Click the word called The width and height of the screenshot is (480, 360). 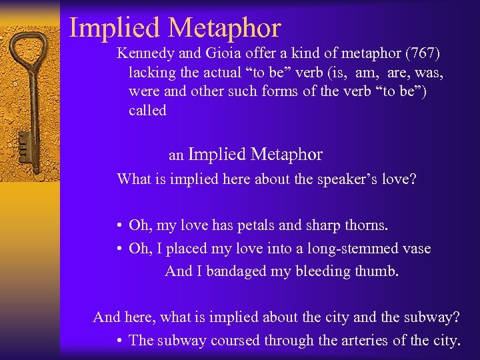point(147,111)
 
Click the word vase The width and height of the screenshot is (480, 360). point(415,249)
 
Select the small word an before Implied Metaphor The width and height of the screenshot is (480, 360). point(176,156)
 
